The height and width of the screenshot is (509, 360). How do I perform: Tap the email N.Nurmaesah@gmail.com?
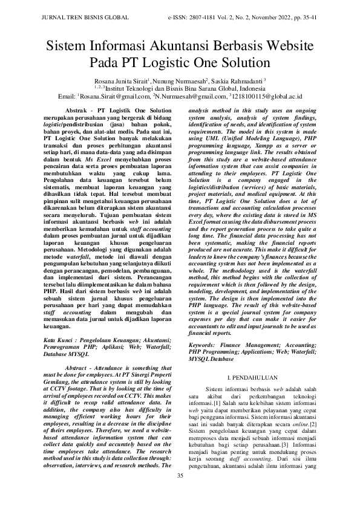tap(185, 96)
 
